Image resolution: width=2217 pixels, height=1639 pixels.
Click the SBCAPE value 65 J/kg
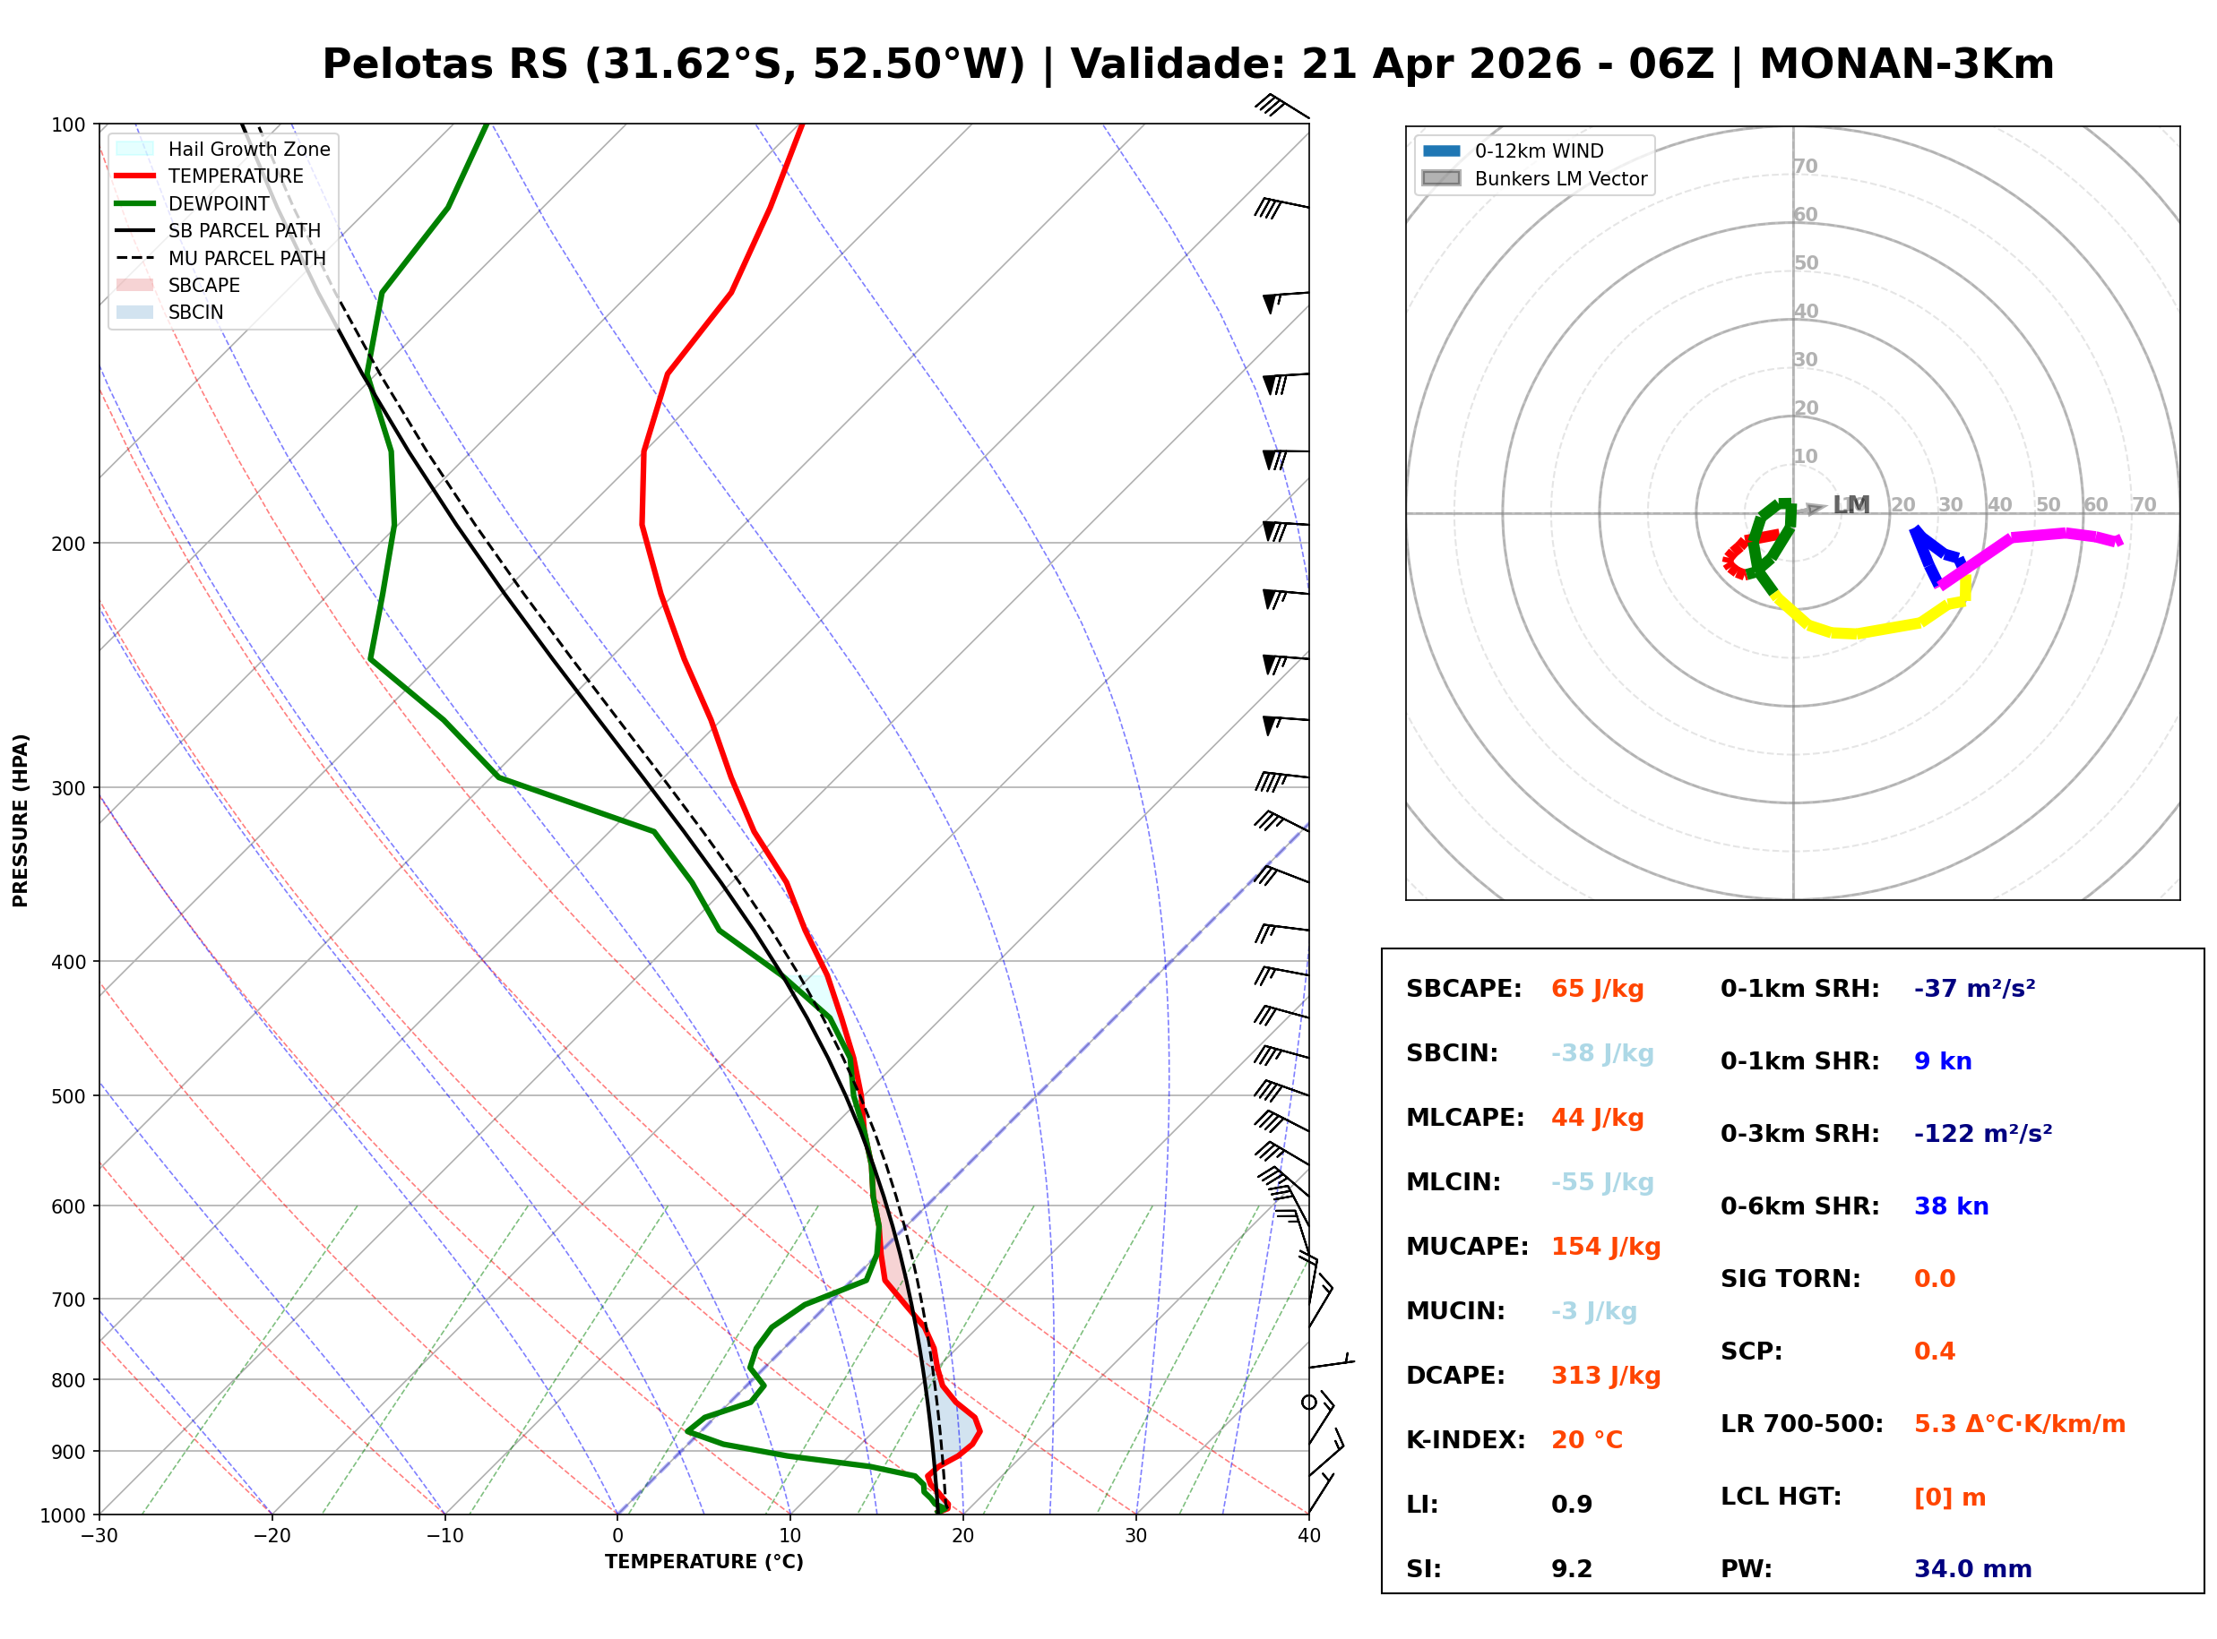1597,989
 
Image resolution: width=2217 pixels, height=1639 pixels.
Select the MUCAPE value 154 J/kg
1605,1247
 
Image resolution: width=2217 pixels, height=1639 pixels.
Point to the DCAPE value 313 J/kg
1605,1376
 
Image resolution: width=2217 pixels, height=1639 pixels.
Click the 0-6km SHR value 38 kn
1950,1207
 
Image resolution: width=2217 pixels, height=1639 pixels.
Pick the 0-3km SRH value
1982,1134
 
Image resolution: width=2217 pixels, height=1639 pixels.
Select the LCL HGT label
1781,1497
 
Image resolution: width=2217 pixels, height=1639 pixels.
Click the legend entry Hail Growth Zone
248,150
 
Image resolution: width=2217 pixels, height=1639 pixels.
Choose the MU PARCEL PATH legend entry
246,259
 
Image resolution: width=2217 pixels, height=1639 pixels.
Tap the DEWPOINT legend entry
219,204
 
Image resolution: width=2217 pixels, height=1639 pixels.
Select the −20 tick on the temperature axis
271,1537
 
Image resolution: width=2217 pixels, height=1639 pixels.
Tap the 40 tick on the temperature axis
1308,1537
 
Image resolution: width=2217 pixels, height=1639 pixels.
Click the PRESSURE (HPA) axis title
21,820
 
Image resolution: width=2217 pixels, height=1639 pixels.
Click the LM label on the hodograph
1850,506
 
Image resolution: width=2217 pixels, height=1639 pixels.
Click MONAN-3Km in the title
1905,64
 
